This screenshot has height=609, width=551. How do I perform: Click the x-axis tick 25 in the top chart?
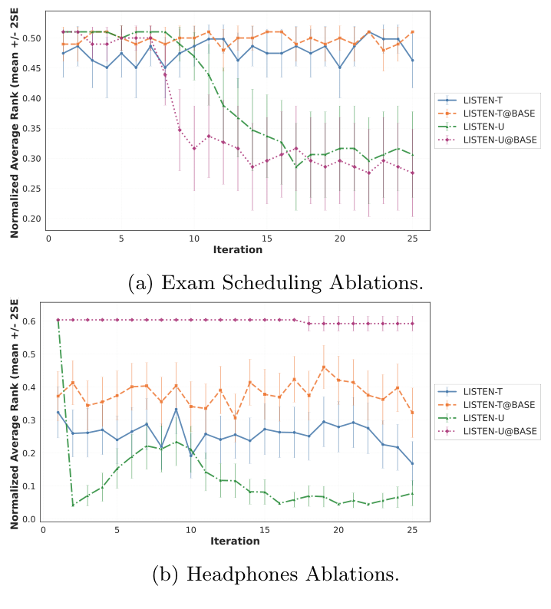[x=413, y=239]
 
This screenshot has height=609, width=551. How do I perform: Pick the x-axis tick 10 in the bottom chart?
[x=190, y=530]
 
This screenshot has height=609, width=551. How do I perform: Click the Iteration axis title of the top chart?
[x=237, y=250]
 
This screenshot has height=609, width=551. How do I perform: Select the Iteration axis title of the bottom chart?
[x=235, y=542]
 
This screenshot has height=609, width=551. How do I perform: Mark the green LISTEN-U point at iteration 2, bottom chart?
[x=73, y=505]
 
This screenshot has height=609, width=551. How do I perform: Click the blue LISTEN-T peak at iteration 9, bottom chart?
[x=176, y=410]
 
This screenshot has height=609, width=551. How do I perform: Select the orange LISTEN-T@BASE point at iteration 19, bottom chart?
[x=323, y=367]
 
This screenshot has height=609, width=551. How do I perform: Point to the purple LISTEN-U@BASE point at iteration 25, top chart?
[x=413, y=173]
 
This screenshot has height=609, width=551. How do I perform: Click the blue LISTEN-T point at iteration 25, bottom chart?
[x=412, y=463]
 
